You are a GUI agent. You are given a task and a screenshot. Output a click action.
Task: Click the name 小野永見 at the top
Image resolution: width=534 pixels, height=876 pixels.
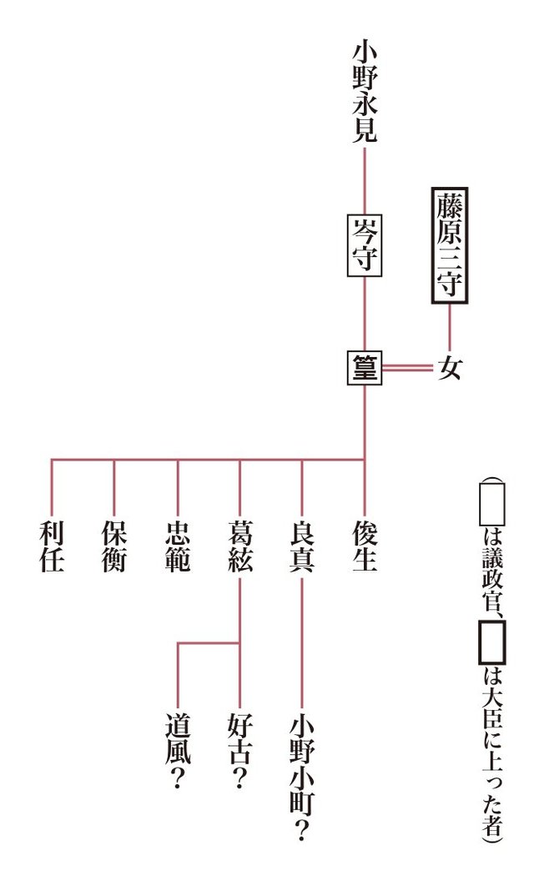pyautogui.click(x=365, y=93)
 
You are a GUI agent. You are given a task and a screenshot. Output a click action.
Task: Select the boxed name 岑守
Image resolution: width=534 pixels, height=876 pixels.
pyautogui.click(x=365, y=245)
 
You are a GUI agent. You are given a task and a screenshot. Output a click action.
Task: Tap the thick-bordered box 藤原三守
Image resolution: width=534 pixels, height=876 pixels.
pyautogui.click(x=450, y=244)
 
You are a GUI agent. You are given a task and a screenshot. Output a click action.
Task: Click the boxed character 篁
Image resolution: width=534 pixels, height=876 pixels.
pyautogui.click(x=365, y=368)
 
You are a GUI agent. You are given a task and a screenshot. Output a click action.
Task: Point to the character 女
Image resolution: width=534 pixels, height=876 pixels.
pyautogui.click(x=450, y=368)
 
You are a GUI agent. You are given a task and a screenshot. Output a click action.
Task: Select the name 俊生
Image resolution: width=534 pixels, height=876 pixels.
pyautogui.click(x=365, y=547)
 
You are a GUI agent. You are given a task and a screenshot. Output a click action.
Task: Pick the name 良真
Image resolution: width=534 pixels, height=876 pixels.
pyautogui.click(x=302, y=547)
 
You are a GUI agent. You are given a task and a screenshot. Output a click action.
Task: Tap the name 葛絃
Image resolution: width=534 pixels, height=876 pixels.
pyautogui.click(x=239, y=547)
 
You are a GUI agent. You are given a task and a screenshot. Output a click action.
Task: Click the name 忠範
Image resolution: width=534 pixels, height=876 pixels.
pyautogui.click(x=177, y=547)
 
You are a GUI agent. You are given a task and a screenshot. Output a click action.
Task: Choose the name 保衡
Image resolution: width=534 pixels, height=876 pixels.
pyautogui.click(x=114, y=547)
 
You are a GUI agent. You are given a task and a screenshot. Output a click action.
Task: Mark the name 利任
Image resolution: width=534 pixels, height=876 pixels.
pyautogui.click(x=52, y=547)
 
